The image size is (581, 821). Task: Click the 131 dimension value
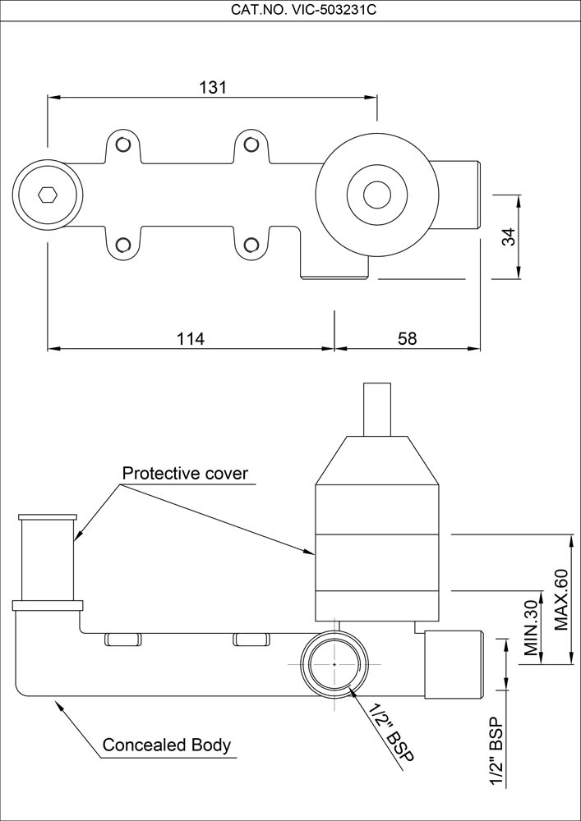tap(212, 87)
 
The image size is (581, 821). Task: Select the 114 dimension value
tap(190, 338)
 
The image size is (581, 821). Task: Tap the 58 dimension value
tap(408, 338)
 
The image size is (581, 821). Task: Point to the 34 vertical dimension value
tap(509, 237)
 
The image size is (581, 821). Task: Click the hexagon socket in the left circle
tap(48, 195)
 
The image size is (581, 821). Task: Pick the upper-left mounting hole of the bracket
tap(123, 145)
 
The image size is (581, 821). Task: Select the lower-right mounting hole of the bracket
tap(252, 244)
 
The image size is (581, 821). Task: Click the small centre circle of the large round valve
tap(377, 195)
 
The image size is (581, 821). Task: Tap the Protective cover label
tap(185, 474)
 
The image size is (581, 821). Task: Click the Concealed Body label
tap(166, 746)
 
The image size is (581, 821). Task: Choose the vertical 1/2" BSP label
tap(496, 752)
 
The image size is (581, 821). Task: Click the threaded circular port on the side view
tap(335, 663)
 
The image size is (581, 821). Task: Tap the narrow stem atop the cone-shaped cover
tap(378, 408)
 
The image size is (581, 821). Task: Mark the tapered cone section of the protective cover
tap(377, 461)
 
